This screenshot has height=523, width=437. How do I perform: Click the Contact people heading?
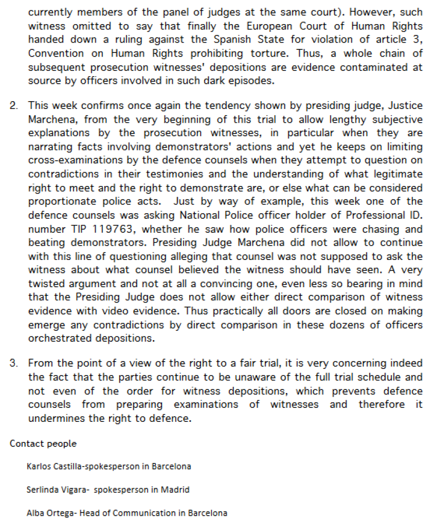(x=43, y=443)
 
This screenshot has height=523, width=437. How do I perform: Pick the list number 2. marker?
(x=14, y=105)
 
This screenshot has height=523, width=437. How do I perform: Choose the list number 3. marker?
(x=14, y=363)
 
